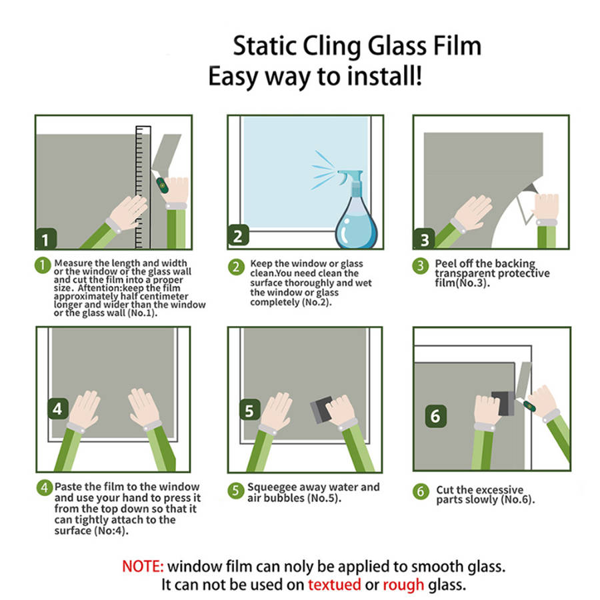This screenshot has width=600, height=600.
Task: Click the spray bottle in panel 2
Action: coord(355,214)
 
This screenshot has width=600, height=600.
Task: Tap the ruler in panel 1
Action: coord(143,187)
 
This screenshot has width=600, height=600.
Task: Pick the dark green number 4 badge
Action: coord(58,409)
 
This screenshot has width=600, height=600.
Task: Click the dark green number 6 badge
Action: coord(436,416)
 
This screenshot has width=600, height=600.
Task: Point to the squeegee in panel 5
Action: coord(321,409)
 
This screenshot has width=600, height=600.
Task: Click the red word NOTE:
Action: coord(143,566)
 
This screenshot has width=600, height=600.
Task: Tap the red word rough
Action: coord(403,585)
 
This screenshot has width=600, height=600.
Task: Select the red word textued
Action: coord(335,584)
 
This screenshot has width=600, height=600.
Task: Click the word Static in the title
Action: coord(265,46)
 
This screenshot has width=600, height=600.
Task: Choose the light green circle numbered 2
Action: coord(236,267)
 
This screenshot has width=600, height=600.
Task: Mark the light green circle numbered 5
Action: coord(236,491)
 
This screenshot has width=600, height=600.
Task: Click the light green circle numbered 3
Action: coord(420,265)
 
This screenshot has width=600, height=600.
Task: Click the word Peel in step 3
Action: coord(446,263)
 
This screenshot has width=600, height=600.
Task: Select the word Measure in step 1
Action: coord(73,263)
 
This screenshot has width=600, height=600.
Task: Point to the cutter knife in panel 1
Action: coord(161,182)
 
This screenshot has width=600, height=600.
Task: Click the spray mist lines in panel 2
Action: coord(324,170)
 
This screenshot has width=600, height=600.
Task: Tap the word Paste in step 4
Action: coord(69,487)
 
